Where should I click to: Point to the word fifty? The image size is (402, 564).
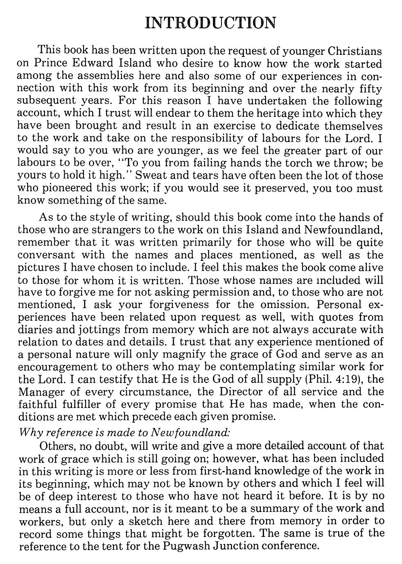pos(370,88)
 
